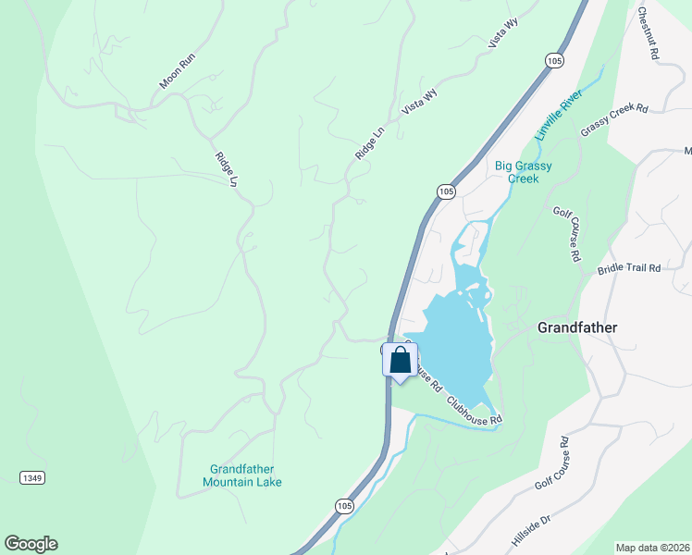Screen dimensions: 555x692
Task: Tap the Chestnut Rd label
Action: point(648,34)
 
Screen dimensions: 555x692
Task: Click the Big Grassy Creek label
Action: point(523,173)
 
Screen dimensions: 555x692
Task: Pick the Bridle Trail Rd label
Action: point(628,268)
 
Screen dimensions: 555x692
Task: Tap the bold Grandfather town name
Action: point(577,327)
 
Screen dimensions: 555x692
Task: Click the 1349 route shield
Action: point(31,477)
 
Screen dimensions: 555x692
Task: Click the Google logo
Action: point(31,544)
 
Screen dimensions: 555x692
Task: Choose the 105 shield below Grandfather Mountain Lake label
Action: point(344,506)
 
